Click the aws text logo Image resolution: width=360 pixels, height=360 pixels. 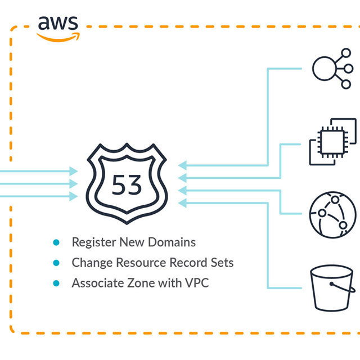pos(58,23)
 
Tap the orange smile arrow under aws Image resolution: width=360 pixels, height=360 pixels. pos(58,36)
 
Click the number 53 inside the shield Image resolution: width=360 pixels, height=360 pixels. pos(127,184)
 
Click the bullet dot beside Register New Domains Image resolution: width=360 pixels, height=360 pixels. pos(56,242)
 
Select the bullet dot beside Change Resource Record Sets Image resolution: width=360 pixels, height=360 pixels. pos(56,263)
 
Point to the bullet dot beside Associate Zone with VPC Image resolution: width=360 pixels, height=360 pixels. pos(56,283)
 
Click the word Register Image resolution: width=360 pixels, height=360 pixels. pos(94,242)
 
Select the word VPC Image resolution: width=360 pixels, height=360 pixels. pos(197,283)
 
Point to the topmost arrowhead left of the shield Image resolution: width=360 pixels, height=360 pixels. pos(74,171)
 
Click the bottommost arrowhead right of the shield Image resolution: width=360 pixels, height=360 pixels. pos(182,203)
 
